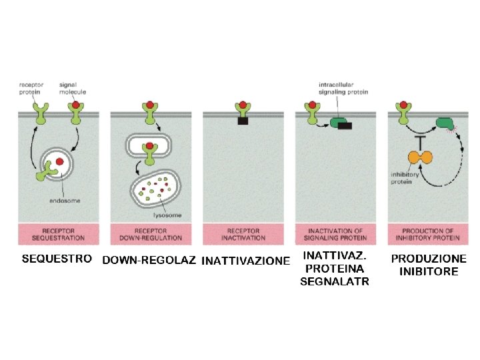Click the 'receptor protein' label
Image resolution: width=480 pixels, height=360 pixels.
31,89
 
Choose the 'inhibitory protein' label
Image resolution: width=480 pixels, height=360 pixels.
404,177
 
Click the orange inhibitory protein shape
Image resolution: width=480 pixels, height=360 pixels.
421,157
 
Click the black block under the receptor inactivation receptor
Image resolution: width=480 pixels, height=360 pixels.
243,121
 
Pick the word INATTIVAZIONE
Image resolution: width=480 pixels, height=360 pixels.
245,261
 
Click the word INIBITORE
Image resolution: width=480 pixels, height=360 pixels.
429,271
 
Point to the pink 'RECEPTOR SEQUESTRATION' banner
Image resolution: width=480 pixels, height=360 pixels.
59,234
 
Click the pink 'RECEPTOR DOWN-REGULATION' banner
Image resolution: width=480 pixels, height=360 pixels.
151,234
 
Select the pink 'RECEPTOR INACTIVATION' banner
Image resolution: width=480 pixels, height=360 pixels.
243,234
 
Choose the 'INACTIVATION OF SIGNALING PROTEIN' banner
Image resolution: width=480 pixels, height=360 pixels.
335,234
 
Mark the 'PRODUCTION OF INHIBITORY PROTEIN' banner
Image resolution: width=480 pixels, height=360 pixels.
428,234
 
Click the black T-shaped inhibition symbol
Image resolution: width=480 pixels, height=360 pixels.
421,141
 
